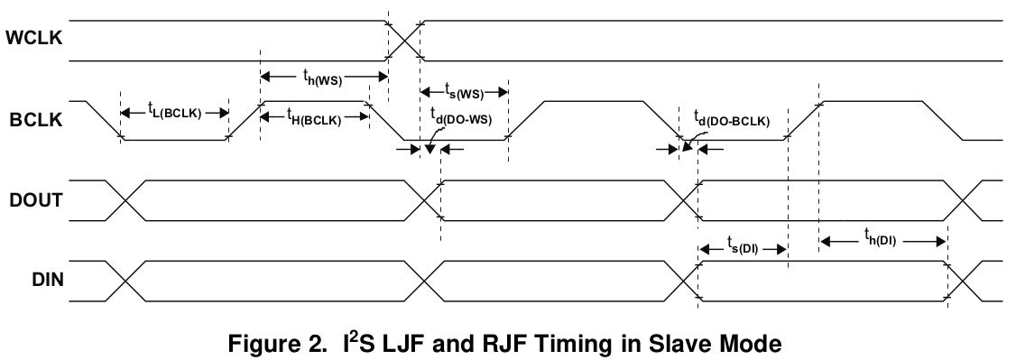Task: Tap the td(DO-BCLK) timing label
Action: tap(731, 116)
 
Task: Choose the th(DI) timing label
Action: tap(882, 240)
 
